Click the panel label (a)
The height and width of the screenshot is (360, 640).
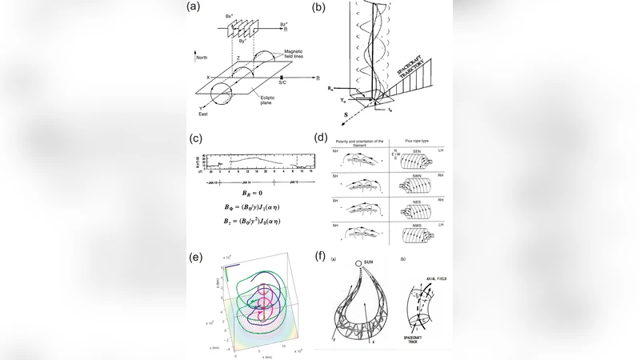click(x=193, y=9)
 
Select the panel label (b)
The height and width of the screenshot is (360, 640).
click(x=319, y=9)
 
